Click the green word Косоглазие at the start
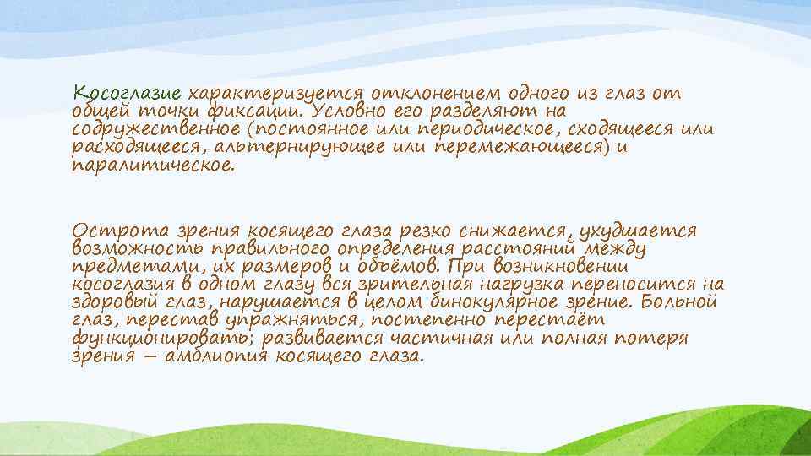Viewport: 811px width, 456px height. (127, 92)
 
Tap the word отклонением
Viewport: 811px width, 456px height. (432, 92)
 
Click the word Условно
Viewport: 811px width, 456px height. (347, 111)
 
